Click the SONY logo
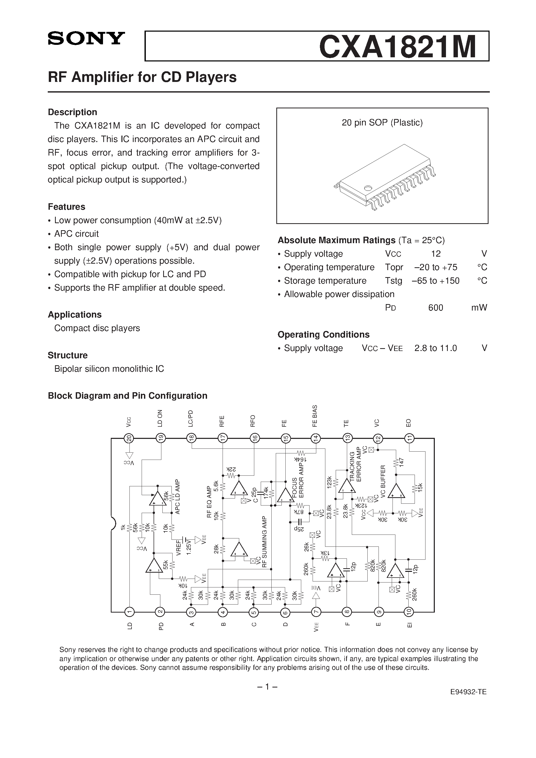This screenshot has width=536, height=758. [x=86, y=39]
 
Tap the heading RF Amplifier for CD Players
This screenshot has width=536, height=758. [x=142, y=77]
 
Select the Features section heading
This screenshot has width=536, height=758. [x=66, y=207]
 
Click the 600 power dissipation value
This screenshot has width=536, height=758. [x=435, y=308]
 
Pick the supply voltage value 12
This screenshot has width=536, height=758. [x=436, y=254]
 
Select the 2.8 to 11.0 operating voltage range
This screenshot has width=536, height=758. [x=435, y=348]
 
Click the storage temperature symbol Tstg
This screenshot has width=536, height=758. [x=393, y=280]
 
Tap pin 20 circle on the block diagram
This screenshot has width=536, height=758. [x=129, y=438]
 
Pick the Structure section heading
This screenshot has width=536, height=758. [x=68, y=355]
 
